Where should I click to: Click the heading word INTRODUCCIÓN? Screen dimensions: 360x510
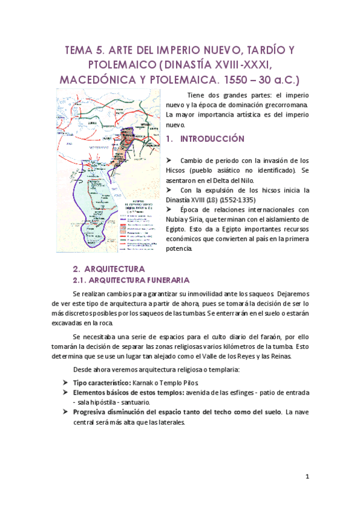tap(213, 139)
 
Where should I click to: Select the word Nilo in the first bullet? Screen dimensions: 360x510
tap(248, 180)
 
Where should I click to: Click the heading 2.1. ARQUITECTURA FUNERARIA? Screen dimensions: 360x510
tap(132, 280)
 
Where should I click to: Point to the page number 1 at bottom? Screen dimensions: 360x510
tap(307, 477)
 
